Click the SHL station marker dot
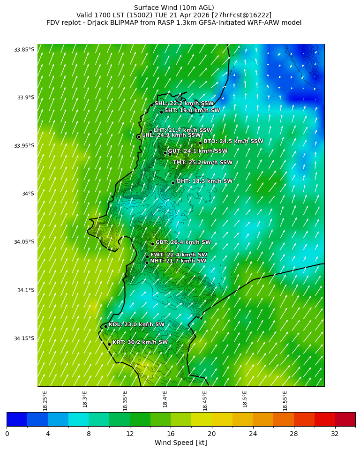pos(151,105)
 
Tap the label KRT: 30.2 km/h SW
pos(140,342)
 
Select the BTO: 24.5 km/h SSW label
pos(233,141)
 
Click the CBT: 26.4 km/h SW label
pos(183,242)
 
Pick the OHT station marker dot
pos(173,183)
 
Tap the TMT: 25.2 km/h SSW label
pos(202,163)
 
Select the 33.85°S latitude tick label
pos(24,50)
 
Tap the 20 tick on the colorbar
pos(211,434)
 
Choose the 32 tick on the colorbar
pos(335,434)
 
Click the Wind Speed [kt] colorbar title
pos(180,443)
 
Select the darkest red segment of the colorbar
pos(345,419)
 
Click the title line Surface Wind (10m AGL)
pos(174,8)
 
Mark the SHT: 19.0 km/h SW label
pos(192,111)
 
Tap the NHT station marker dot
pos(147,263)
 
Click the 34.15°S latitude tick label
pos(24,338)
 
